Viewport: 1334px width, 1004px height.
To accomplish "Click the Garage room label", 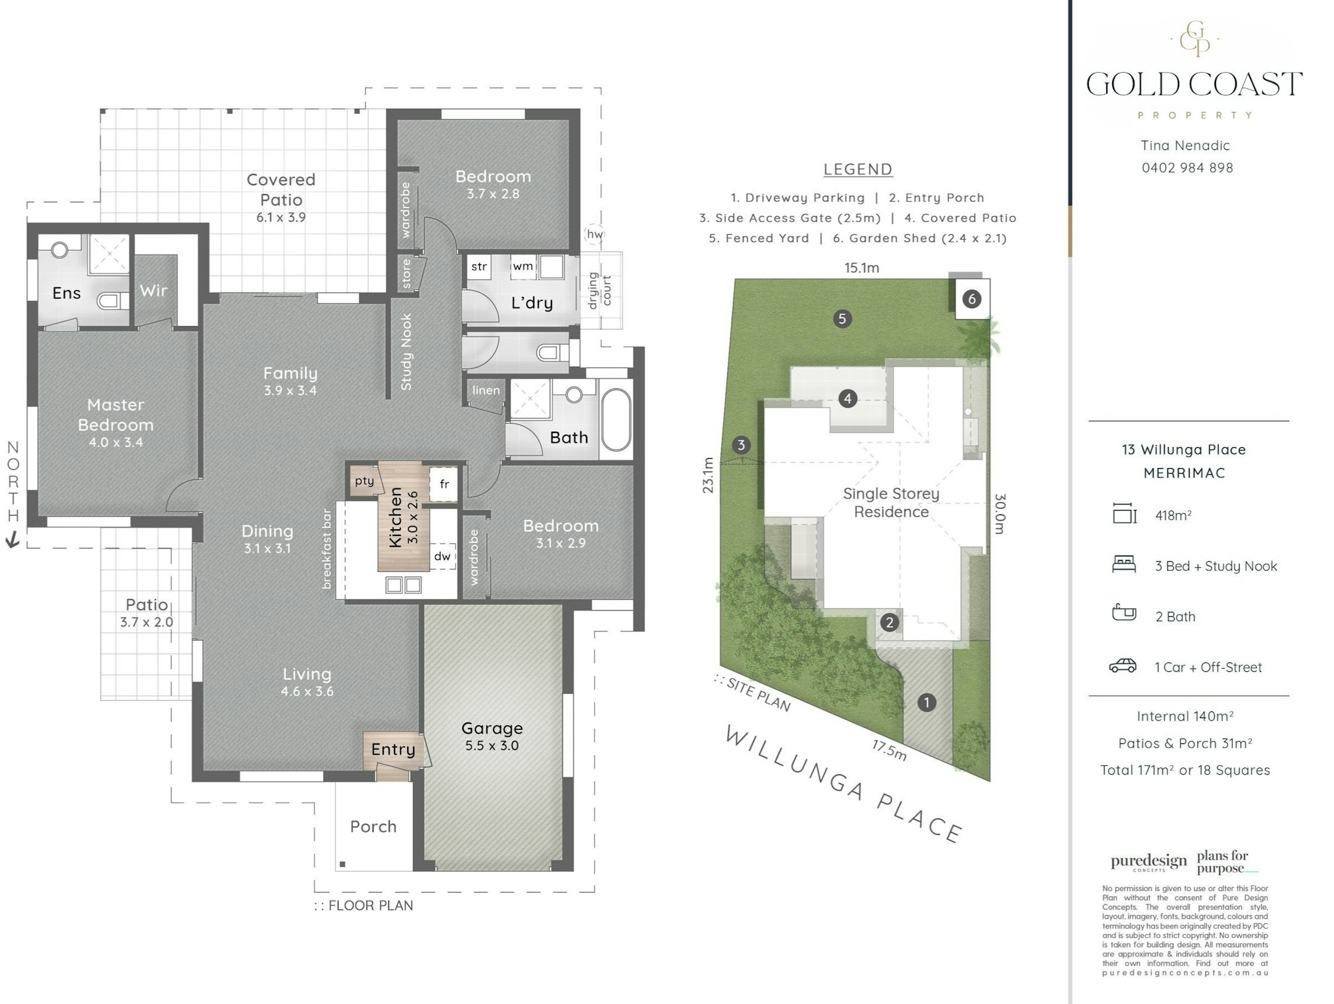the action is [x=492, y=728].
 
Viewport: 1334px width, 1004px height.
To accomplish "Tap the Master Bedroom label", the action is [x=115, y=415].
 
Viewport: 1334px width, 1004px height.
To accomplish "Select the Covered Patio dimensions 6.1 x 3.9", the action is [x=281, y=217].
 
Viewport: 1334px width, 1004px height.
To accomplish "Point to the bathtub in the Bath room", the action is [x=616, y=420].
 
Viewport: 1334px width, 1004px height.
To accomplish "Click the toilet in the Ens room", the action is [x=112, y=301].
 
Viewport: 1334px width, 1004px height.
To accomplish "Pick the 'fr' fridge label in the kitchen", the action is [x=444, y=484].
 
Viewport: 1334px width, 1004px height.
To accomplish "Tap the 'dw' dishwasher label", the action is [x=442, y=556].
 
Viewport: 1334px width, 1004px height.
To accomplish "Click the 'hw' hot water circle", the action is [x=594, y=234].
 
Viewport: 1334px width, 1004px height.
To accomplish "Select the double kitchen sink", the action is [x=403, y=584].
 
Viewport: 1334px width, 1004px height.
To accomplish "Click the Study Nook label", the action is [x=406, y=351].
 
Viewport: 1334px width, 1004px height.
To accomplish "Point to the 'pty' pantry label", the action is [x=364, y=481].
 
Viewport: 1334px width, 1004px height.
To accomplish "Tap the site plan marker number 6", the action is [x=971, y=299].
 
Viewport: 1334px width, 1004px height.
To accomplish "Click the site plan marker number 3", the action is [x=741, y=445].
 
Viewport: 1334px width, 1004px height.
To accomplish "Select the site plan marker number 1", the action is [x=926, y=702].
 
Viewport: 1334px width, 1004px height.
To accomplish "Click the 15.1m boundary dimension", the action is [x=862, y=268].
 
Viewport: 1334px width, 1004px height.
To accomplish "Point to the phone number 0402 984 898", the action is [x=1187, y=168].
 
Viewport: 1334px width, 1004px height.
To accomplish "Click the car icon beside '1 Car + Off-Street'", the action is [x=1123, y=666].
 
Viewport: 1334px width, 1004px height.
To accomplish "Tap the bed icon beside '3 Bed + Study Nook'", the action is [x=1124, y=564].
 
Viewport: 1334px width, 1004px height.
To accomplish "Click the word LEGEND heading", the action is [x=858, y=169].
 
